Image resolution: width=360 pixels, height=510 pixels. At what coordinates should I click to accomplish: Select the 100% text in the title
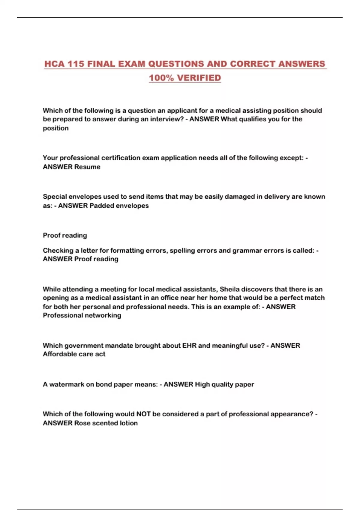pos(161,78)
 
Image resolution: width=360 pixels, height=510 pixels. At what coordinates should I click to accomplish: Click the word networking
pos(103,315)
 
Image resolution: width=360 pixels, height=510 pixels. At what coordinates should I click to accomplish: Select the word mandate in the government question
pos(119,346)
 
